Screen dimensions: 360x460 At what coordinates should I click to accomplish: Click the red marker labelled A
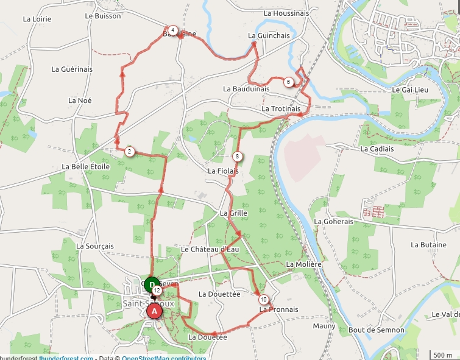coord(154,311)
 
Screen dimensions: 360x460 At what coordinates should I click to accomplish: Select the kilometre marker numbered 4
coord(173,30)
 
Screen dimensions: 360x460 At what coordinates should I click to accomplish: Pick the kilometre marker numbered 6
coord(288,82)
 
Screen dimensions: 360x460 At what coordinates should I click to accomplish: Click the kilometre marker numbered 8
coord(237,157)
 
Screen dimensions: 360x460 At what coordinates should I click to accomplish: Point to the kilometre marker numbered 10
coord(263,300)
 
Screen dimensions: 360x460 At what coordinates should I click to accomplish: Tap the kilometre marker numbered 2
coord(130,152)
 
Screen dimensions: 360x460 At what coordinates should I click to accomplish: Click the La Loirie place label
coord(37,19)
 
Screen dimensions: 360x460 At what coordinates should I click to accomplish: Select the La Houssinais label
coord(286,13)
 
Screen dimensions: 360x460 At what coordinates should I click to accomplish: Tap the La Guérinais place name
coord(72,69)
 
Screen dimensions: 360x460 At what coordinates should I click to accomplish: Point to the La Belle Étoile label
coord(86,166)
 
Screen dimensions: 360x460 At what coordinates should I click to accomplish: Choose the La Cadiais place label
coord(377,149)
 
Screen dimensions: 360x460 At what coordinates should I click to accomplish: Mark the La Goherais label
coord(334,222)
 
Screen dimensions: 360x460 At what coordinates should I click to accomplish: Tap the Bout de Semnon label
coord(377,330)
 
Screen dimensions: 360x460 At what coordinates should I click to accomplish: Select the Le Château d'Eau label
coord(210,249)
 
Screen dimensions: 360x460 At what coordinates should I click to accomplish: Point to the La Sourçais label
coord(95,246)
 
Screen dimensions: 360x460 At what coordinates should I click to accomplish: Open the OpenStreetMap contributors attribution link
coord(164,358)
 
